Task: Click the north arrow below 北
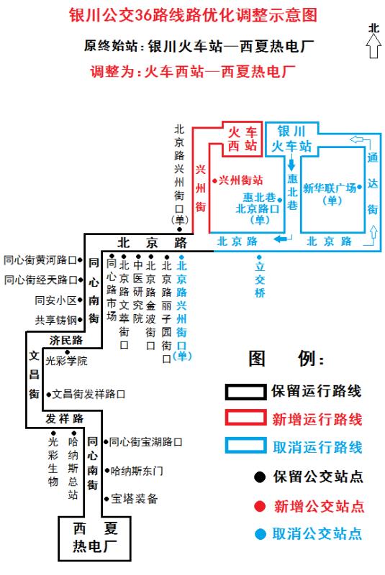pyautogui.click(x=373, y=47)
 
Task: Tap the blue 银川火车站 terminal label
pyautogui.click(x=291, y=139)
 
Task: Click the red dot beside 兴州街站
pyautogui.click(x=214, y=180)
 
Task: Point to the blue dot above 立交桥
pyautogui.click(x=259, y=257)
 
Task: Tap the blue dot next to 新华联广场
pyautogui.click(x=360, y=187)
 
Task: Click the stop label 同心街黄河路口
pyautogui.click(x=40, y=260)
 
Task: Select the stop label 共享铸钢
pyautogui.click(x=56, y=320)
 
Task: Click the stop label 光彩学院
pyautogui.click(x=66, y=361)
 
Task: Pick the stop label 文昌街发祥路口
pyautogui.click(x=89, y=394)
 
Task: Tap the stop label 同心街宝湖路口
pyautogui.click(x=145, y=442)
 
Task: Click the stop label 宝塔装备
pyautogui.click(x=135, y=499)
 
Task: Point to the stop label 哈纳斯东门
pyautogui.click(x=137, y=471)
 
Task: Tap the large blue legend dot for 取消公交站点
pyautogui.click(x=261, y=534)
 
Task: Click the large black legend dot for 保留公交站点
pyautogui.click(x=260, y=477)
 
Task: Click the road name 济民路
pyautogui.click(x=66, y=340)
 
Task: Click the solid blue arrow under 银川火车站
pyautogui.click(x=291, y=163)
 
